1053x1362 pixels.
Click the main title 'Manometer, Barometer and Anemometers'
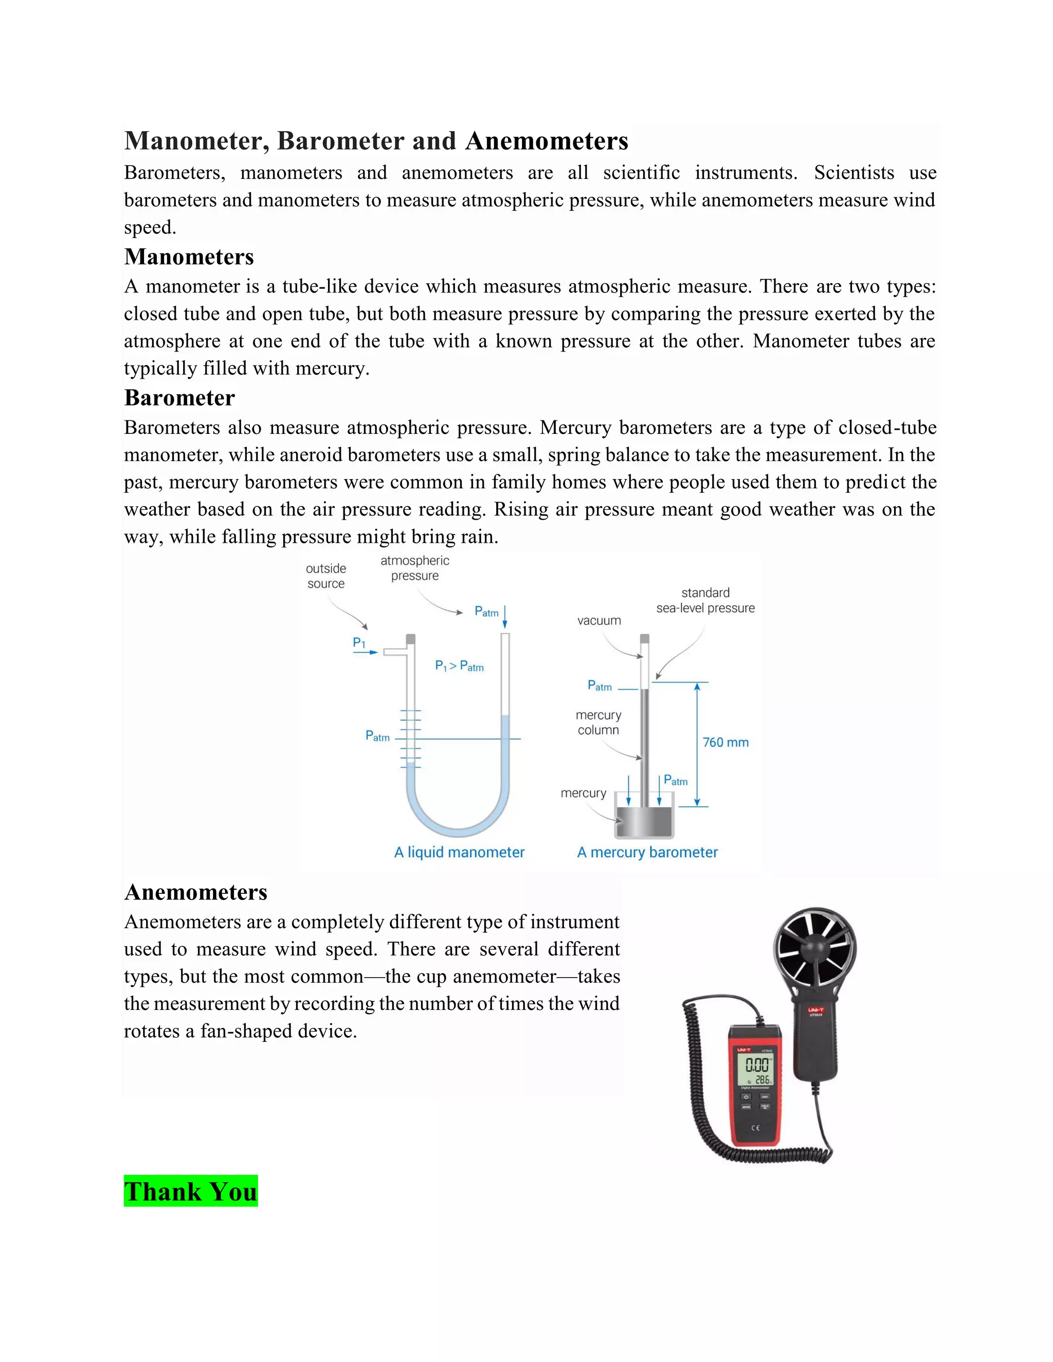[x=376, y=141]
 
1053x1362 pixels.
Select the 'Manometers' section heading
[x=189, y=257]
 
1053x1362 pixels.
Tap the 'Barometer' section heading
[x=179, y=398]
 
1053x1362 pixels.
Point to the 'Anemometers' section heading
[x=196, y=892]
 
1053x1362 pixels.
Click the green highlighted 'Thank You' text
[x=191, y=1191]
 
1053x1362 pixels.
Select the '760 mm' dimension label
[x=725, y=742]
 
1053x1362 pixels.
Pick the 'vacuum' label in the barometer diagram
[x=599, y=620]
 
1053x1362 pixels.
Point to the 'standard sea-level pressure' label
[x=705, y=600]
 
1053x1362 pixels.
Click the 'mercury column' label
[x=598, y=722]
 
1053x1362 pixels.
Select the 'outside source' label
[x=325, y=576]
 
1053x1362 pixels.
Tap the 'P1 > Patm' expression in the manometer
[x=459, y=666]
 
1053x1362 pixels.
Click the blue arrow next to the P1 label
[x=366, y=652]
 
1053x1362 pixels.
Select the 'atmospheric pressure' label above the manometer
[x=415, y=568]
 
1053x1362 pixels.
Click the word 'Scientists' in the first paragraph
[x=854, y=173]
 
